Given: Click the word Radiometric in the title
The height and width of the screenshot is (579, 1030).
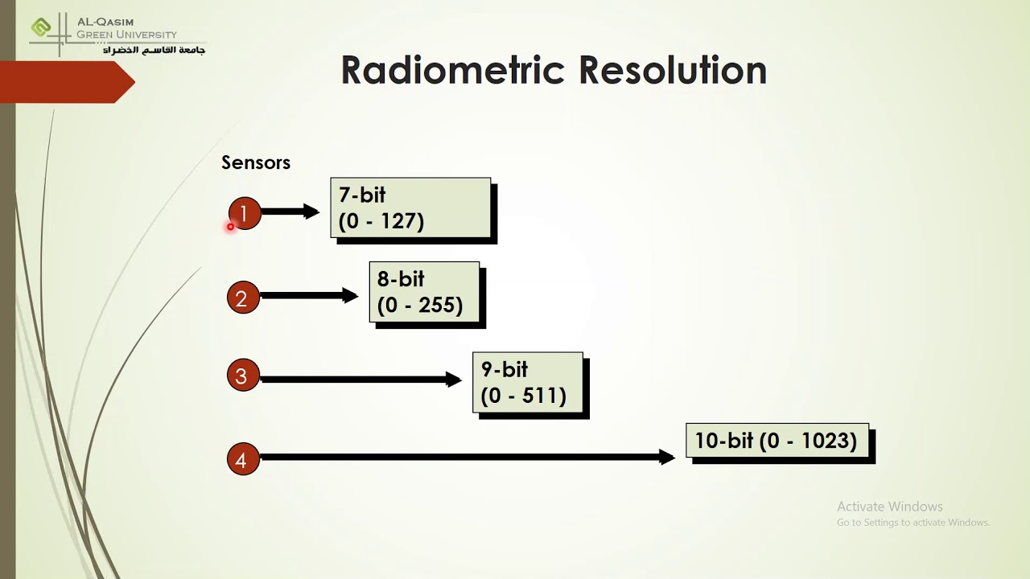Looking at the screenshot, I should (x=455, y=71).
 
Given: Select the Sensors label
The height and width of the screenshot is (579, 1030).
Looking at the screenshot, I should (x=255, y=162).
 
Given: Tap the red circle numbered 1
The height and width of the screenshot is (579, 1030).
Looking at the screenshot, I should (x=245, y=214).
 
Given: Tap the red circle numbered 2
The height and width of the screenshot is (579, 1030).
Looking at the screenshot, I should (x=242, y=298).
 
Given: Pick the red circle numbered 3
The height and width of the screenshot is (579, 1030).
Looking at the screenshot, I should (x=242, y=376).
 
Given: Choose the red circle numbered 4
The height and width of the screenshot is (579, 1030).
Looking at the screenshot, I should (x=242, y=460).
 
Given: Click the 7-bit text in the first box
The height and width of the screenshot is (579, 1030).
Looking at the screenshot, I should (x=362, y=195).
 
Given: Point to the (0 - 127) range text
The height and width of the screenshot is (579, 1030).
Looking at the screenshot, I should (x=381, y=221).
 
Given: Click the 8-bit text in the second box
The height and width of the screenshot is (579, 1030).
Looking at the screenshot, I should (x=400, y=279).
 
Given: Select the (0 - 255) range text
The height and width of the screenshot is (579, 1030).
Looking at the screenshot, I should (x=420, y=306).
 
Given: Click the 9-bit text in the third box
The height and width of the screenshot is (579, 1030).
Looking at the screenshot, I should (x=504, y=370).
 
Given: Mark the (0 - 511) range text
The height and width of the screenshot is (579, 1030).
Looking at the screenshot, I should (x=524, y=396).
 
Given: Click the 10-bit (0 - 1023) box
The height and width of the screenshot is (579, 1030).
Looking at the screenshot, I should (x=777, y=441).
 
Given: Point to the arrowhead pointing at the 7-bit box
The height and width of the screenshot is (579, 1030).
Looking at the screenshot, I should (x=311, y=211).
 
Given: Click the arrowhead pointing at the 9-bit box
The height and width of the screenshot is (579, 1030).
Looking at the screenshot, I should (x=454, y=380).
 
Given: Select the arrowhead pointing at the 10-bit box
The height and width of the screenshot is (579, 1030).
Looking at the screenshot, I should (x=667, y=457).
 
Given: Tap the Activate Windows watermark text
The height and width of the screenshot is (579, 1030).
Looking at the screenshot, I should (x=889, y=507).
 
